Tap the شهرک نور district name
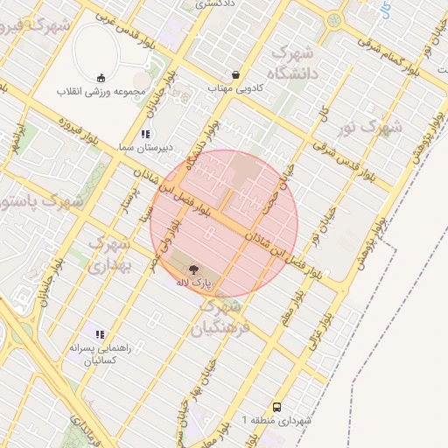click(370, 128)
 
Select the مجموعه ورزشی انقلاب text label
click(95, 91)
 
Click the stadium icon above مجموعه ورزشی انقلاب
click(100, 76)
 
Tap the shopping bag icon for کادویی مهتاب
click(235, 74)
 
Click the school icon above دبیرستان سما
click(145, 135)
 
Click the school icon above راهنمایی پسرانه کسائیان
click(100, 334)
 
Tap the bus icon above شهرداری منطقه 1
click(277, 407)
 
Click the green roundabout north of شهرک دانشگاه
click(332, 18)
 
